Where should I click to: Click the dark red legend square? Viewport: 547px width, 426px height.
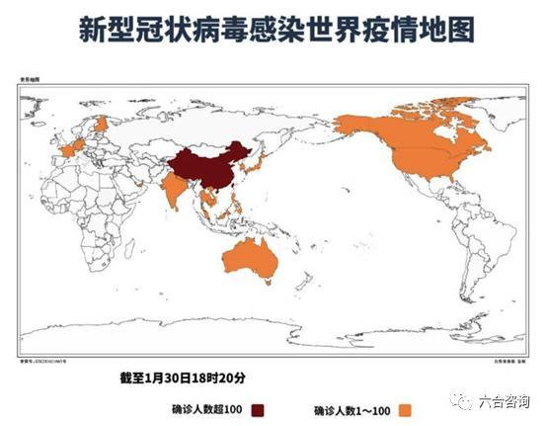coord(261,409)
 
